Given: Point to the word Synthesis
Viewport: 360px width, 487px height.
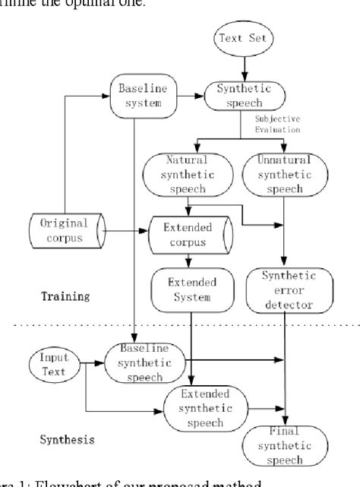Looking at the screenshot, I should [x=66, y=439].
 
